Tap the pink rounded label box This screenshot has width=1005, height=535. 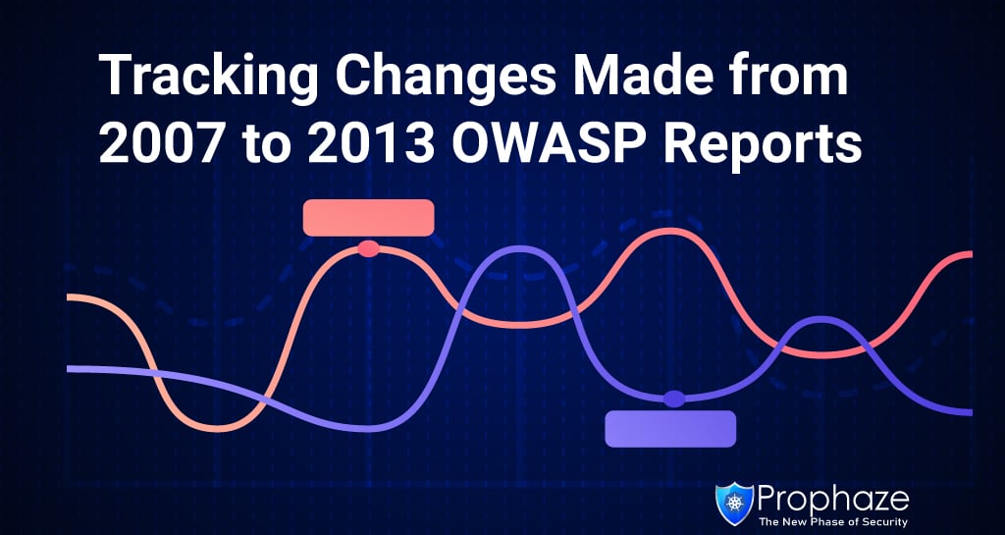tap(369, 217)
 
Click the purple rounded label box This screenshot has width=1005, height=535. tap(670, 429)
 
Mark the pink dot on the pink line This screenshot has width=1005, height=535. tap(369, 248)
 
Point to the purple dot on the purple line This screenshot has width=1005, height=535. tap(673, 399)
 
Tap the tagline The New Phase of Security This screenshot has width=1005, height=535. tap(833, 521)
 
